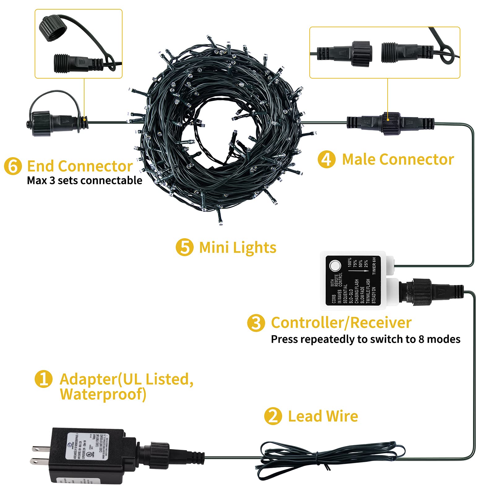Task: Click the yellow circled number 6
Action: pos(13,166)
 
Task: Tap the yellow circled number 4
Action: pos(326,160)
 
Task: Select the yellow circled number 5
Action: pos(184,247)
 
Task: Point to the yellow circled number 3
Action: pos(256,323)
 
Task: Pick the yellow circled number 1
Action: pos(43,379)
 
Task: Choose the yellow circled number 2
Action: pos(273,416)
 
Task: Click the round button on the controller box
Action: pos(335,265)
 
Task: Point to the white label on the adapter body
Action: pos(88,446)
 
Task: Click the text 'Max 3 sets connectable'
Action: pos(84,180)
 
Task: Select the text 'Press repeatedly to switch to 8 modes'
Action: pos(365,339)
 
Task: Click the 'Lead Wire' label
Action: pos(323,416)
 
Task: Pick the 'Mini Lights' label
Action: pos(238,247)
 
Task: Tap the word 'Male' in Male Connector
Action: pos(359,160)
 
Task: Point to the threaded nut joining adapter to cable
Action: pos(159,455)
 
